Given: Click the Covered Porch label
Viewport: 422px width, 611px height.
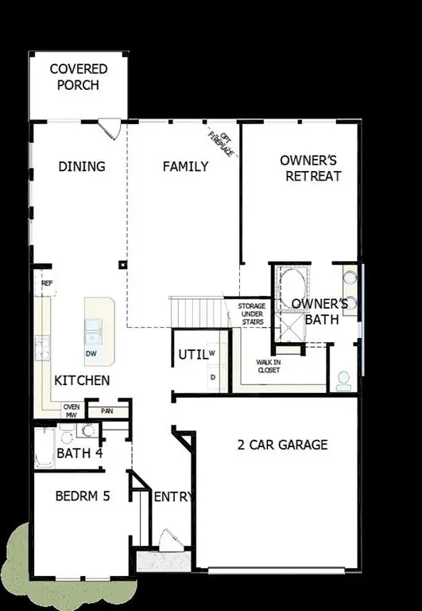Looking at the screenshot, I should [79, 76].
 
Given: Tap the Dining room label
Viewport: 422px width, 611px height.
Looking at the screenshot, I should [82, 166].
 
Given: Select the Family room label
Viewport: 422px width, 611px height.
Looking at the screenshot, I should [185, 166].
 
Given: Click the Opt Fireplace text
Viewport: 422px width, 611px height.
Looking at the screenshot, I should [222, 142].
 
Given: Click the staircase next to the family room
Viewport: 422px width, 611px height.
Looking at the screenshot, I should [196, 311].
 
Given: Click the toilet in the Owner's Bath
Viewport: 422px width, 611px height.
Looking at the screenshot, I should [344, 379].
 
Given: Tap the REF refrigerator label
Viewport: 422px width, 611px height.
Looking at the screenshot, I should [47, 282].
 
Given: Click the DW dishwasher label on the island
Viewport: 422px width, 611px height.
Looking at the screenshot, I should [92, 352].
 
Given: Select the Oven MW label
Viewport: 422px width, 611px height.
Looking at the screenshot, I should [71, 410].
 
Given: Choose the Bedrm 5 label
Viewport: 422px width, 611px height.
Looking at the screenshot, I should [82, 496].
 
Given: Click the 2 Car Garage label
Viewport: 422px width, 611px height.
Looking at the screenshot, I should [282, 445].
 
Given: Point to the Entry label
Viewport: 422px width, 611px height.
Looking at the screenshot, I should [172, 497].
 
